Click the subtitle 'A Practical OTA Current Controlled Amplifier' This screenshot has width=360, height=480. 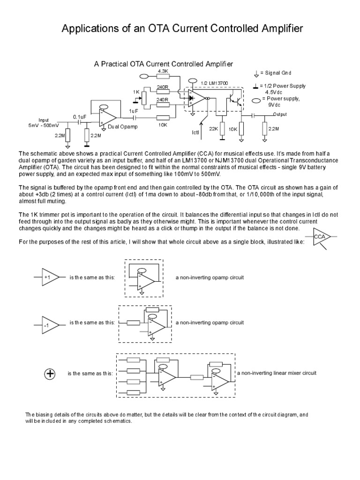click(x=164, y=63)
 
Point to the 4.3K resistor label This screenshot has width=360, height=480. click(x=163, y=71)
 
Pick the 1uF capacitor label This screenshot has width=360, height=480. click(x=133, y=111)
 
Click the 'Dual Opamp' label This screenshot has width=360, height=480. click(x=122, y=127)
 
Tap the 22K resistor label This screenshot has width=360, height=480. click(x=214, y=129)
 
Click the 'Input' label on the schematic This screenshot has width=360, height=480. click(x=44, y=120)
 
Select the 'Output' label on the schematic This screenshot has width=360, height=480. click(x=280, y=114)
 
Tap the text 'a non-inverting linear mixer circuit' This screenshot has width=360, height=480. click(x=277, y=373)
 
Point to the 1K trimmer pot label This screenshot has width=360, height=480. click(x=136, y=92)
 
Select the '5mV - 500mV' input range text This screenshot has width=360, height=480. click(x=44, y=126)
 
